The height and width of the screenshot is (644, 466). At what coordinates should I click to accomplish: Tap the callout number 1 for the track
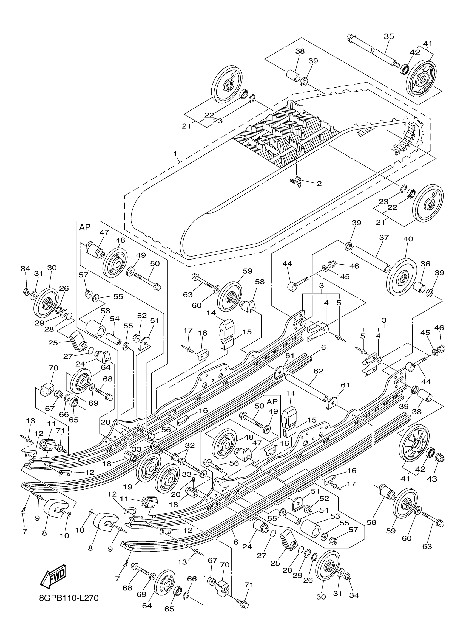(x=175, y=154)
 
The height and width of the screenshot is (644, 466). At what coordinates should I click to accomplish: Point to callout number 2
(x=319, y=184)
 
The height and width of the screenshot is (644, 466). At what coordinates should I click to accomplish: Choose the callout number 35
(x=389, y=36)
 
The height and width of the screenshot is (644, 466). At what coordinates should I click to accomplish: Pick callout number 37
(x=384, y=237)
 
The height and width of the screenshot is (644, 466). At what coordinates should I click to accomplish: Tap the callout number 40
(x=408, y=239)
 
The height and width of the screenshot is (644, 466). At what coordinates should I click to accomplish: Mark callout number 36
(x=425, y=264)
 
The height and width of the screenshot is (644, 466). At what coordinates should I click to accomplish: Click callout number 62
(x=318, y=371)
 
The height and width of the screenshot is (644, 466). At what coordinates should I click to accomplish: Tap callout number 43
(x=432, y=479)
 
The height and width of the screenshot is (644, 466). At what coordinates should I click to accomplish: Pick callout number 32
(x=189, y=446)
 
